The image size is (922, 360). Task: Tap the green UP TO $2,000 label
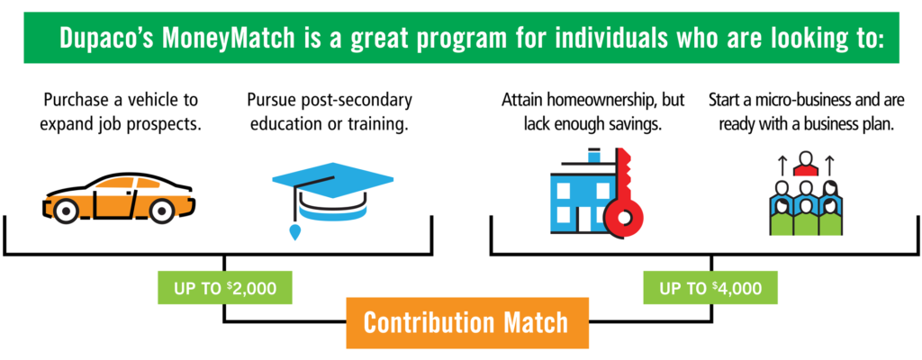tap(225, 288)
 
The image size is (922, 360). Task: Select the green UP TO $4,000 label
tap(710, 288)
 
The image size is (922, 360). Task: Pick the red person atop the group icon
tap(806, 164)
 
